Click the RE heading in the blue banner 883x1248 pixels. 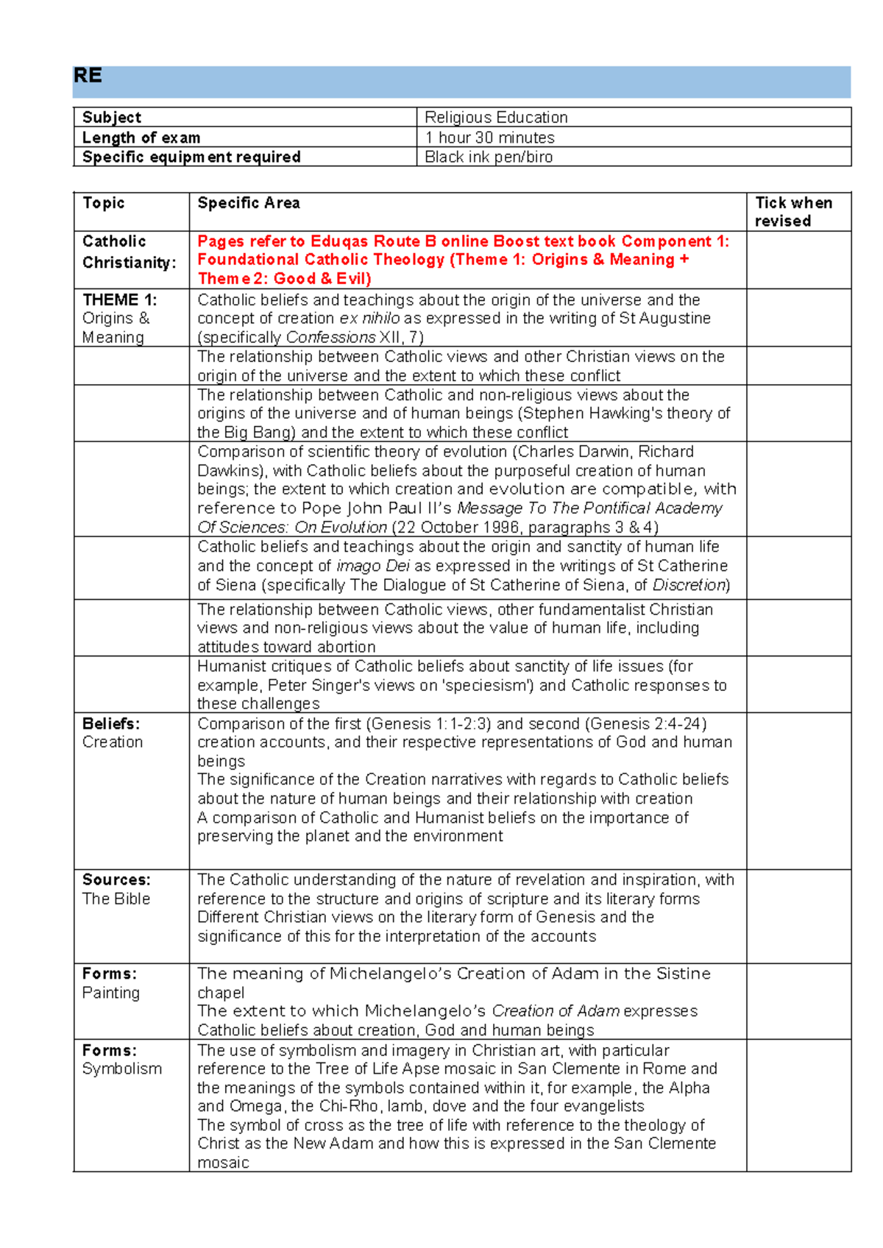[88, 76]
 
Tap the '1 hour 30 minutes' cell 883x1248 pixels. [489, 138]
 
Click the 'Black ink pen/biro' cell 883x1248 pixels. [489, 157]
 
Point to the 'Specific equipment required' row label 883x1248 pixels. [191, 157]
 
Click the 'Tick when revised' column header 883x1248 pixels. [792, 212]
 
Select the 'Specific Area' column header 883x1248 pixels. [248, 203]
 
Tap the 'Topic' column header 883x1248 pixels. [103, 203]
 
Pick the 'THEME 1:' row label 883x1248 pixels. [120, 299]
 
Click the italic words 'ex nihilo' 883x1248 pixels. [369, 319]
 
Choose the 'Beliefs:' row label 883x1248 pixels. [110, 723]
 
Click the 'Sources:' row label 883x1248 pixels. [116, 879]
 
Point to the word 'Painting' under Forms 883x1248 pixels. [110, 993]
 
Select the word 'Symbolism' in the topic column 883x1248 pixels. [121, 1068]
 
